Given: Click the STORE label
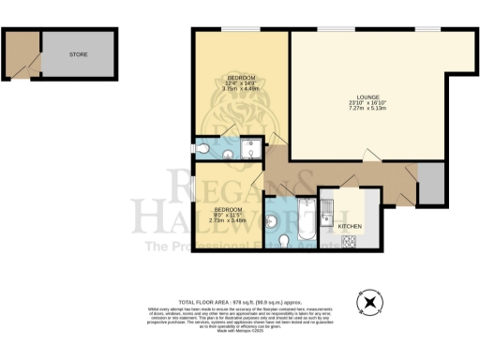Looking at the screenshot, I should point(78,54).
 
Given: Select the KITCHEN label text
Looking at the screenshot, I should point(350,227).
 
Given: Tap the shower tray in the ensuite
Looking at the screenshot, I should point(252,149).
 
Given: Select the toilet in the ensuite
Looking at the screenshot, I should point(203,147).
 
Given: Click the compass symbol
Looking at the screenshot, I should point(371,302).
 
